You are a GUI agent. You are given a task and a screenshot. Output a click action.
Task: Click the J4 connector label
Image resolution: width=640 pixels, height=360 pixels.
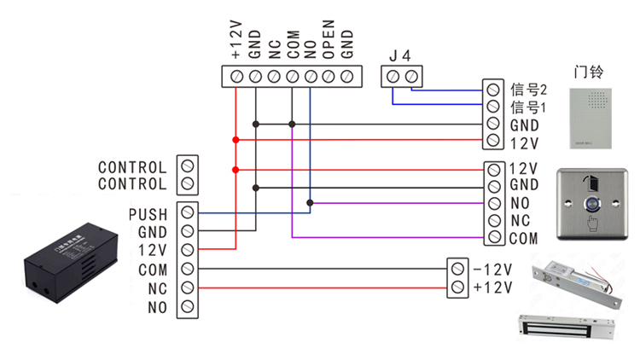tap(400, 55)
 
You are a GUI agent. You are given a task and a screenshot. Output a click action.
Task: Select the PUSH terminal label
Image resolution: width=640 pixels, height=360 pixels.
tap(148, 213)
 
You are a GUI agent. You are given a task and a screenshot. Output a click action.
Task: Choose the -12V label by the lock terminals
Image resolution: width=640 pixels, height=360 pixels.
tap(492, 270)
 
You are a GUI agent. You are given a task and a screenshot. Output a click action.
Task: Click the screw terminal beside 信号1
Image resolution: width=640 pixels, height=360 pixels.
tap(492, 107)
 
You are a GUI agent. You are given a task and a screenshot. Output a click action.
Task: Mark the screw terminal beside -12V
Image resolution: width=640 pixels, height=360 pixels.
tap(457, 270)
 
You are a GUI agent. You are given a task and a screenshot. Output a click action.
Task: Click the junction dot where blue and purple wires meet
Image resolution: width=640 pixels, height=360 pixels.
tap(310, 203)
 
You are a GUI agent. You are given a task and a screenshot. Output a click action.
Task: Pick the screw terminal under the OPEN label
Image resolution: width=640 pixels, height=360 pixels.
tap(328, 77)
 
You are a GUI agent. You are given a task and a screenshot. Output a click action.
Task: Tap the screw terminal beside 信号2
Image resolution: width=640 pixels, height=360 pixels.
tap(492, 89)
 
